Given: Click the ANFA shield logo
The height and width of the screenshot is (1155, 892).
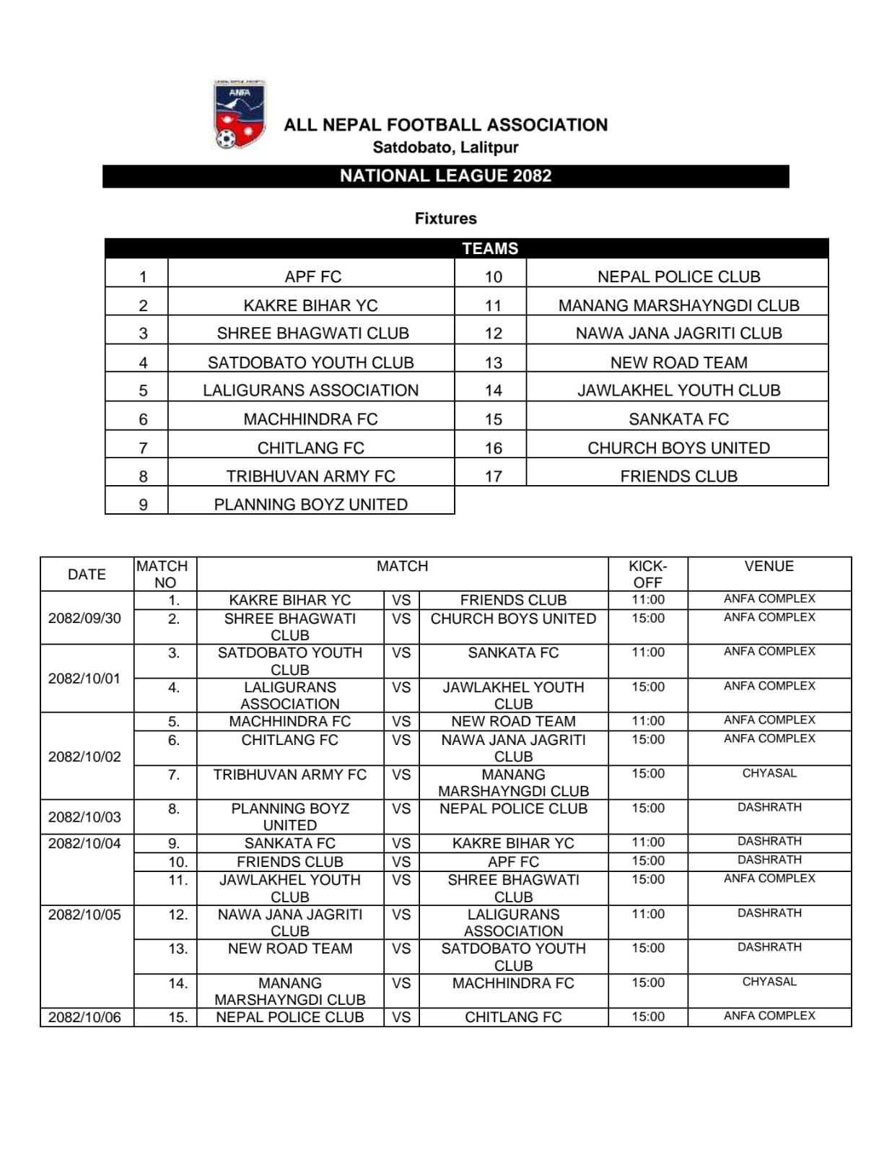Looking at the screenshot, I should pyautogui.click(x=239, y=115).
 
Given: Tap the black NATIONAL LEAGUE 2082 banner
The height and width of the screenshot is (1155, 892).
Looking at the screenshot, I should pyautogui.click(x=445, y=176).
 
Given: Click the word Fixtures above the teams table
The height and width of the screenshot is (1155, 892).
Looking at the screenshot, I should pyautogui.click(x=445, y=218).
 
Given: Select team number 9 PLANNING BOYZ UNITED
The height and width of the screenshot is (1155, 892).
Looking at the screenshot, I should pyautogui.click(x=310, y=504).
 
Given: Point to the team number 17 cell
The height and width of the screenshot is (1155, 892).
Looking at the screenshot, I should pyautogui.click(x=493, y=476).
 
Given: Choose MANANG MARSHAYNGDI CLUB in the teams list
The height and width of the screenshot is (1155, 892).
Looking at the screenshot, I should pyautogui.click(x=678, y=305).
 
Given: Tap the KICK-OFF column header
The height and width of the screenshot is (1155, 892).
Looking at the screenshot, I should pyautogui.click(x=647, y=574).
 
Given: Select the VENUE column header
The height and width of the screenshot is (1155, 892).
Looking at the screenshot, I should pyautogui.click(x=769, y=566).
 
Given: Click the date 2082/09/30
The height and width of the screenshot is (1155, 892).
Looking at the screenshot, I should pyautogui.click(x=84, y=618).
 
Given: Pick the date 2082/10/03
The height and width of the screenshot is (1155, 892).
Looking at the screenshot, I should pyautogui.click(x=84, y=816).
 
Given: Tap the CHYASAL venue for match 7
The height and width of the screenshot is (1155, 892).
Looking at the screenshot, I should pyautogui.click(x=769, y=773).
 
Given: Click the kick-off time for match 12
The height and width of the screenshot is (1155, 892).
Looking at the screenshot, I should pyautogui.click(x=647, y=914).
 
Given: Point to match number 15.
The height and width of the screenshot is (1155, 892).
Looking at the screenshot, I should pyautogui.click(x=178, y=1017).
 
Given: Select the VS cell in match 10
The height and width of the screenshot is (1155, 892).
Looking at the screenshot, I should pyautogui.click(x=401, y=861).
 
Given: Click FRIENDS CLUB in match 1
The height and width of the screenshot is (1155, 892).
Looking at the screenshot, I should pyautogui.click(x=513, y=600).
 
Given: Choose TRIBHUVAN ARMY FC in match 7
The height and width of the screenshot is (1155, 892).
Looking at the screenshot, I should pyautogui.click(x=289, y=775).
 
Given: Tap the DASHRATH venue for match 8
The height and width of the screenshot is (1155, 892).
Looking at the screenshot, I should pyautogui.click(x=769, y=807).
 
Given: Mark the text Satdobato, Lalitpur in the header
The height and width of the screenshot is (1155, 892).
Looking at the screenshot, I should pyautogui.click(x=445, y=147).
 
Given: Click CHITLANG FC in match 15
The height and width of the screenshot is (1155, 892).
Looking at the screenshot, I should pyautogui.click(x=513, y=1017).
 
